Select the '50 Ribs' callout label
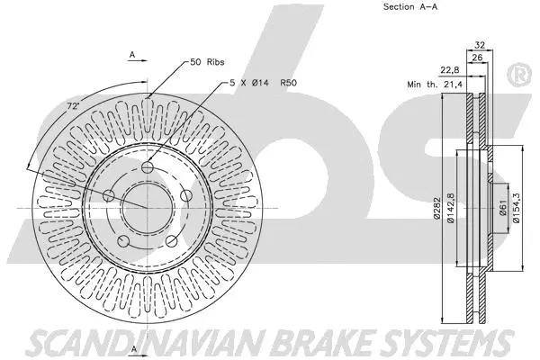click(x=208, y=62)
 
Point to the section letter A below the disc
click(x=132, y=348)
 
